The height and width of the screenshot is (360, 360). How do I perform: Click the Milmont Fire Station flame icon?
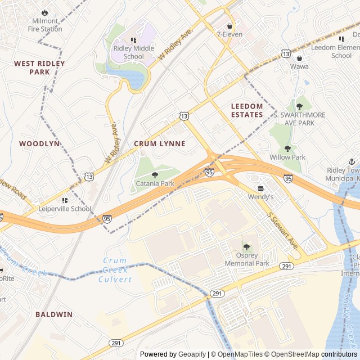45,12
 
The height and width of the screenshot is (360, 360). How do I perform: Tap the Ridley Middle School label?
133,52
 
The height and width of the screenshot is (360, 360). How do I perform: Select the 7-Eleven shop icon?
229,26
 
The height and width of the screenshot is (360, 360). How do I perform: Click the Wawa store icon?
299,58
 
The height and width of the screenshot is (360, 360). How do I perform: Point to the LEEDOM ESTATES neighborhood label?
247,110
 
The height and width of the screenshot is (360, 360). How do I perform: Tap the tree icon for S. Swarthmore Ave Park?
299,105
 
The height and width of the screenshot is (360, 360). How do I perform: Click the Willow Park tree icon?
287,149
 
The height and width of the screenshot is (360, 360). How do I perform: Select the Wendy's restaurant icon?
260,188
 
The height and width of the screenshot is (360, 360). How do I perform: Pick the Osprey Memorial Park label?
247,259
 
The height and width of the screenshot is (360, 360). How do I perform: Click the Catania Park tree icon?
155,175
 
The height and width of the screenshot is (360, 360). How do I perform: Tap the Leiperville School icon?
65,200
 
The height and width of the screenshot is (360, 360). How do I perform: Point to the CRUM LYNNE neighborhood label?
159,144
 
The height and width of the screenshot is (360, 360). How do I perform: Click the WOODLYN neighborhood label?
39,144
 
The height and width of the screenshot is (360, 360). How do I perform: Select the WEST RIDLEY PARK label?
39,67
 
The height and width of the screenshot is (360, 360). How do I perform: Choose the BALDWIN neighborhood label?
54,314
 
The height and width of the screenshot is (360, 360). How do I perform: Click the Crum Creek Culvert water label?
115,270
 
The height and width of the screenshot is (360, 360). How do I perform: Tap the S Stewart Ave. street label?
282,231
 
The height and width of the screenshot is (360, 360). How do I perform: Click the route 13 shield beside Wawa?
286,53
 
